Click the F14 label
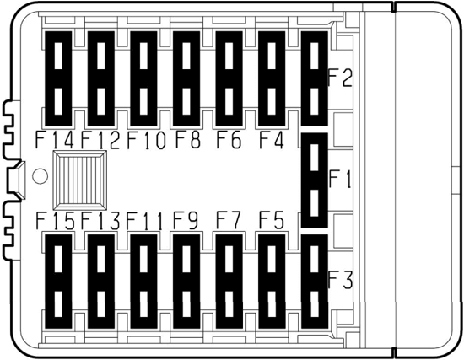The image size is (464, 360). pos(55,140)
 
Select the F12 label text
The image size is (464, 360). pos(100,140)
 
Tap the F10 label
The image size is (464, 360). pos(146,140)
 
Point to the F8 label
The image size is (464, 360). pos(188,139)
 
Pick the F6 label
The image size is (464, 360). pos(229,139)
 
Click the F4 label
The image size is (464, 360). pos(272,139)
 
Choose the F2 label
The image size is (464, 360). pos(341,78)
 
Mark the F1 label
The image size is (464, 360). pos(340,179)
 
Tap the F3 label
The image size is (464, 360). pos(341,280)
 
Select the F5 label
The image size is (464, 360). pos(272,220)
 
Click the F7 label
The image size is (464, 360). pos(229,220)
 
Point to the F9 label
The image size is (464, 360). pos(186,220)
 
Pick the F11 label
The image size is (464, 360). pos(145,221)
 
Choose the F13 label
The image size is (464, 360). pos(100,221)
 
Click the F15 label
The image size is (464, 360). pos(56,221)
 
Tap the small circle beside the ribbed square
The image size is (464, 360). pos(40,176)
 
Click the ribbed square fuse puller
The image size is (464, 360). pos(79,180)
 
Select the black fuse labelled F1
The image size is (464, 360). pos(315,180)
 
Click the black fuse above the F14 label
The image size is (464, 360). pos(58,78)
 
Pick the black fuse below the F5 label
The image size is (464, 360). pos(272,282)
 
